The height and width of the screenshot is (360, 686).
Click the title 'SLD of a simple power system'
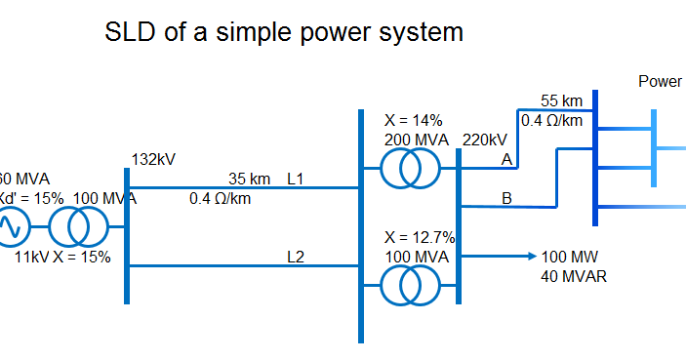click(283, 32)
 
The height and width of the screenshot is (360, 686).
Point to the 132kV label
click(153, 159)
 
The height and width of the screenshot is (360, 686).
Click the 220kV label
click(485, 140)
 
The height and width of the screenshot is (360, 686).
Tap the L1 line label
click(296, 179)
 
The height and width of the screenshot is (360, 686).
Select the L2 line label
click(296, 258)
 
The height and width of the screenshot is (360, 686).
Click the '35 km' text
click(249, 179)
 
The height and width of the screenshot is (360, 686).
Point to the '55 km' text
click(561, 100)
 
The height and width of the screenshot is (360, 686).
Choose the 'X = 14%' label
click(414, 120)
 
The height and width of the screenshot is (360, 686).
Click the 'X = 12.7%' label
click(421, 237)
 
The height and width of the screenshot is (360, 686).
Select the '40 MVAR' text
click(574, 276)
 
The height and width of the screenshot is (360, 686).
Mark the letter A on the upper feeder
click(506, 159)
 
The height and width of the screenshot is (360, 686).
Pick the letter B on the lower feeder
click(506, 198)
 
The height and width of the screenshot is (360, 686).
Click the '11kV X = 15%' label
click(62, 258)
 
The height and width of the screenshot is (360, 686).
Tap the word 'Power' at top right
click(661, 81)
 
